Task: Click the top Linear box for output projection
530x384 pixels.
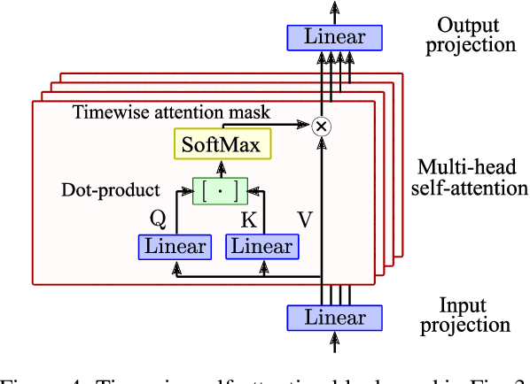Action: (x=334, y=37)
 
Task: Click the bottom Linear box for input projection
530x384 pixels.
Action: (x=334, y=317)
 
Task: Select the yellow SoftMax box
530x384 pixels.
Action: (x=222, y=144)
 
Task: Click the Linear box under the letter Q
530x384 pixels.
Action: (x=175, y=247)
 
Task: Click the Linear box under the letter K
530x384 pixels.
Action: (x=261, y=247)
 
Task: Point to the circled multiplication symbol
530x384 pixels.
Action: (x=323, y=127)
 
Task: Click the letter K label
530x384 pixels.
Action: (x=250, y=219)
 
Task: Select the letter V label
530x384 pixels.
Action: (x=305, y=219)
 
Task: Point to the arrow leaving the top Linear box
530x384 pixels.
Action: (x=334, y=11)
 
